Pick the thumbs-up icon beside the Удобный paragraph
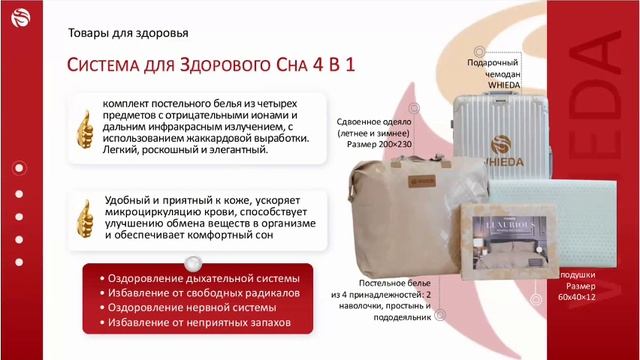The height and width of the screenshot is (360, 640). click(85, 216)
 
